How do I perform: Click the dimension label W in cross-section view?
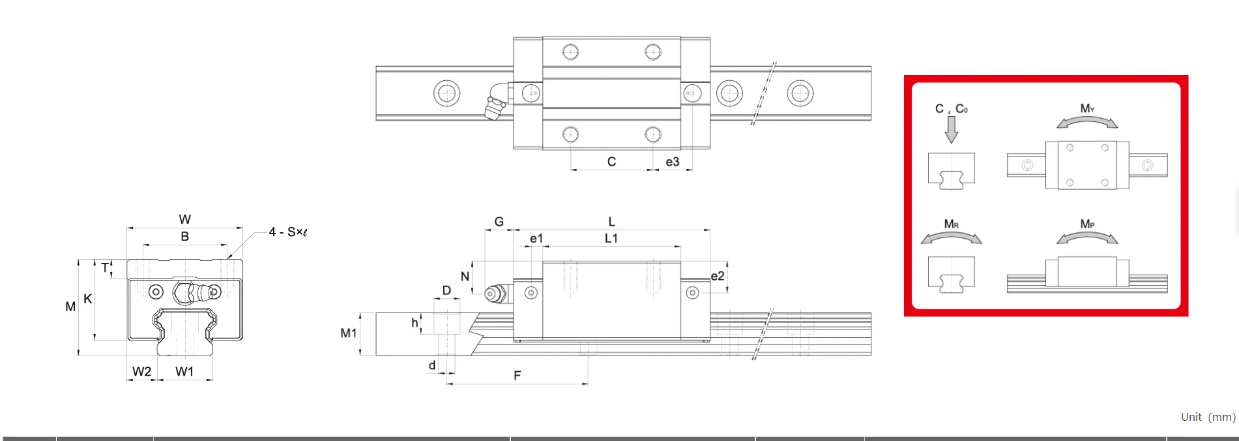(x=184, y=219)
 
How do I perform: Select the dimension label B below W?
(x=184, y=236)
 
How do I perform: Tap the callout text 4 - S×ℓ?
(x=287, y=232)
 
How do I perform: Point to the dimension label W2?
(x=141, y=371)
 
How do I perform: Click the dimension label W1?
(x=184, y=371)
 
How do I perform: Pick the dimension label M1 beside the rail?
(x=349, y=333)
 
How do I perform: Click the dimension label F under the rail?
(x=517, y=376)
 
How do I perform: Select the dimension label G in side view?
(x=499, y=222)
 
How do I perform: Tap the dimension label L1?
(x=611, y=238)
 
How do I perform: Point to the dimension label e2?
(x=717, y=276)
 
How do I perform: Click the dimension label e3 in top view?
(x=672, y=162)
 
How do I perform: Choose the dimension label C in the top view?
(x=611, y=162)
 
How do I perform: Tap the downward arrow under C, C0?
(x=951, y=130)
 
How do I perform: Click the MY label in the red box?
(x=1087, y=108)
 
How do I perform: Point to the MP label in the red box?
(x=1087, y=224)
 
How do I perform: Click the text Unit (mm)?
(x=1208, y=417)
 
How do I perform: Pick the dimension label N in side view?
(x=465, y=277)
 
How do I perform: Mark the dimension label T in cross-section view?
(x=105, y=267)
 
